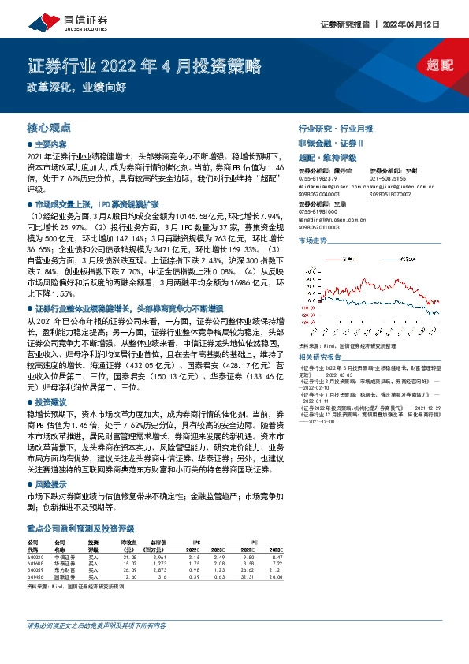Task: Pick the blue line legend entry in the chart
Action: tap(396, 258)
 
